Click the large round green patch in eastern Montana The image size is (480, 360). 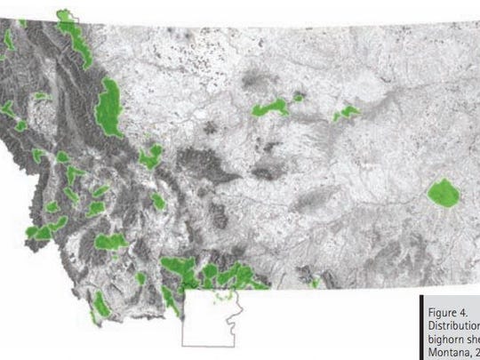(442, 193)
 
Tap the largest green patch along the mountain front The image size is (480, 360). (112, 108)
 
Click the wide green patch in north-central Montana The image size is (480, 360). (271, 108)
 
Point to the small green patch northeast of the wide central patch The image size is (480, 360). (299, 97)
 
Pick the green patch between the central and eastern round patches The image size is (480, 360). (346, 113)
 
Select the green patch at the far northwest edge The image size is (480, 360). (8, 41)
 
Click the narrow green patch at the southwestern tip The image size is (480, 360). (102, 302)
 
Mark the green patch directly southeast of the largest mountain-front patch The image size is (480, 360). (150, 159)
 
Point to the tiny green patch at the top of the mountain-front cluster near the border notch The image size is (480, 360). (64, 16)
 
